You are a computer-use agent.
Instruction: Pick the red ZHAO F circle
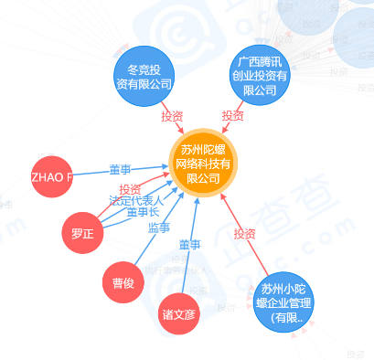[x=51, y=177]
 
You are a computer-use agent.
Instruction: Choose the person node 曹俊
[x=123, y=282]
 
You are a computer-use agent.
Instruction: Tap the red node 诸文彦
[x=179, y=313]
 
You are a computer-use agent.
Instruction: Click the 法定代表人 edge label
[x=135, y=200]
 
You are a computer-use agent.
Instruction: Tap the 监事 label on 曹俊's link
[x=158, y=228]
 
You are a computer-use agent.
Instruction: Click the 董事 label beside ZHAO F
[x=121, y=170]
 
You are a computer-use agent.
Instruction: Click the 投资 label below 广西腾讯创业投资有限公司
[x=232, y=116]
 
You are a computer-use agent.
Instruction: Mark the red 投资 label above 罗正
[x=130, y=189]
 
